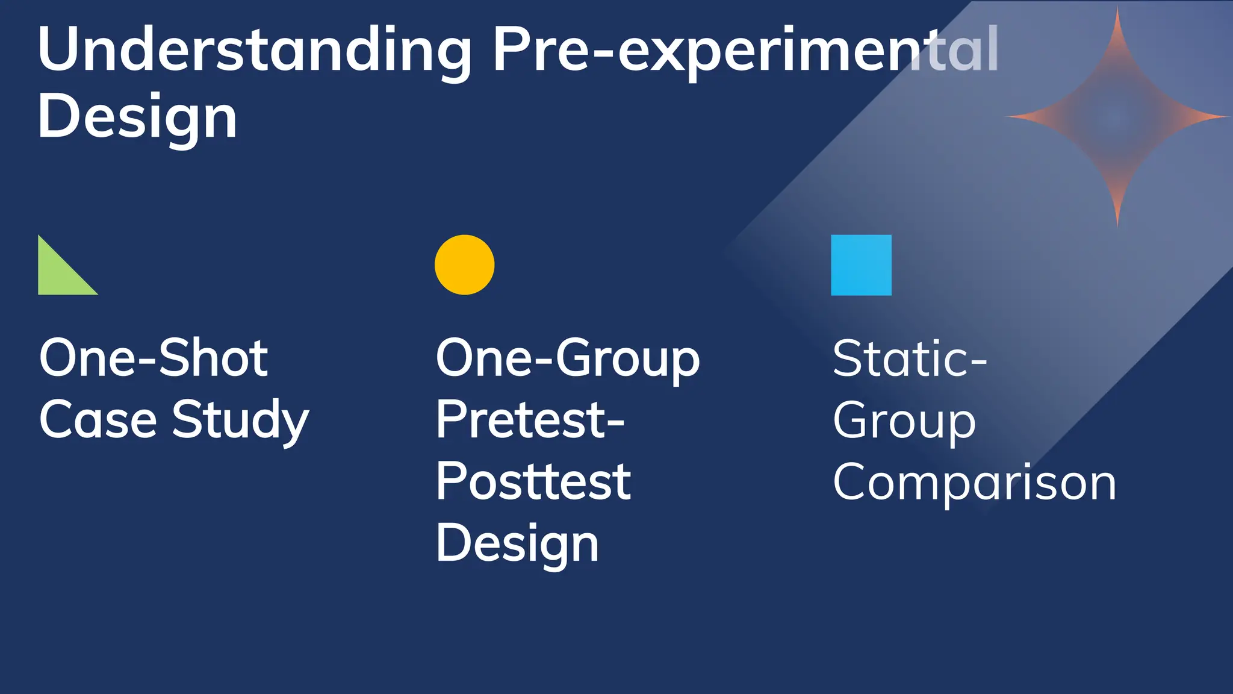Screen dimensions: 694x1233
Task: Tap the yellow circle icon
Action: point(464,265)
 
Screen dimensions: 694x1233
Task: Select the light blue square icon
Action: point(861,265)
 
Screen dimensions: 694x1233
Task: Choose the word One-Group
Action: point(568,360)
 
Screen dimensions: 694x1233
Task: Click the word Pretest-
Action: point(530,420)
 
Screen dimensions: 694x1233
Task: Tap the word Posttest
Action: point(533,482)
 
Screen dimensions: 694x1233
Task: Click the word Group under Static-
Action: point(904,422)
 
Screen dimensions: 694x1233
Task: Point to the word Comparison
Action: point(975,483)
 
